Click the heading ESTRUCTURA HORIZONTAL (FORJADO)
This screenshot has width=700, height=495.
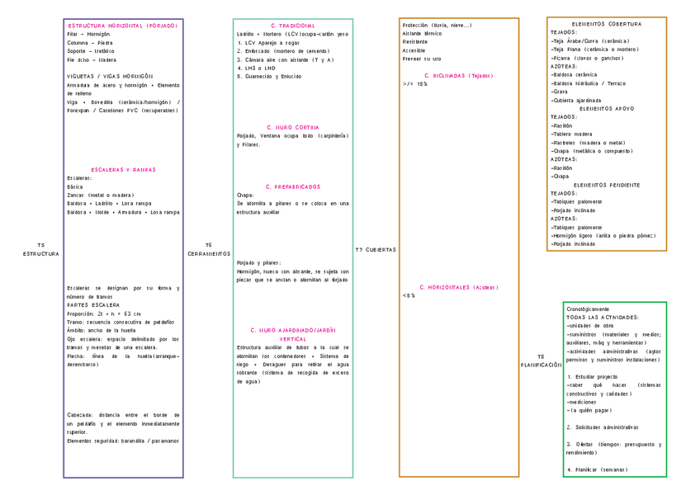[123, 26]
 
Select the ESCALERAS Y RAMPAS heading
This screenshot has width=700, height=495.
[123, 169]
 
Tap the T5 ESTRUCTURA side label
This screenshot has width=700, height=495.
[41, 249]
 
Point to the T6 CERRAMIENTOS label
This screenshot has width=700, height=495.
[209, 249]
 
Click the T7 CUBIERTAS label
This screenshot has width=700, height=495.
[376, 249]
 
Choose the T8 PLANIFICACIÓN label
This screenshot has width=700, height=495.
[541, 361]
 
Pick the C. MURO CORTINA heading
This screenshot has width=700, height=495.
[293, 127]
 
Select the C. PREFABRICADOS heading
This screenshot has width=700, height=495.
[293, 186]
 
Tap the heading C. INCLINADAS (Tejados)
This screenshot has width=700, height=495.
[458, 75]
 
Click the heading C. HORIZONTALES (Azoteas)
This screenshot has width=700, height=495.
[459, 287]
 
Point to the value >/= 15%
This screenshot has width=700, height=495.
[415, 84]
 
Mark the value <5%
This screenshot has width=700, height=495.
[409, 295]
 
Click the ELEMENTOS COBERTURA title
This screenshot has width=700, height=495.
[606, 24]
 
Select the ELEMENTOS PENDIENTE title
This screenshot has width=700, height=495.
[606, 185]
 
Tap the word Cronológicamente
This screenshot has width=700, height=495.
[588, 309]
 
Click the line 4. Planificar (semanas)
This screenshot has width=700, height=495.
[597, 469]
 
